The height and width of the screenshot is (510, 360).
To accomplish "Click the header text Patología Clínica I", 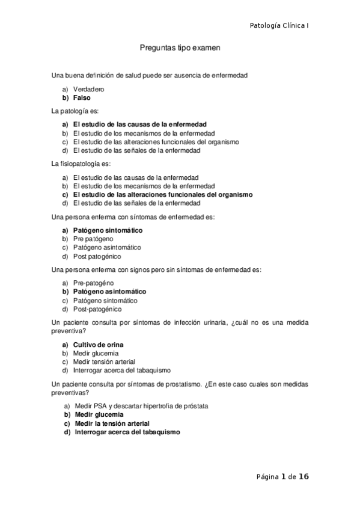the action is [279, 25].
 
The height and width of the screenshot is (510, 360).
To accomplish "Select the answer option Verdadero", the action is [88, 89].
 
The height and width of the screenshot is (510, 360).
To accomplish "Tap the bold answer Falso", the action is [81, 97].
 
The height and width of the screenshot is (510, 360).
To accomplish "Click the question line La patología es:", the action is [75, 111].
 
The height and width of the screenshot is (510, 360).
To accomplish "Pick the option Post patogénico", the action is [96, 256].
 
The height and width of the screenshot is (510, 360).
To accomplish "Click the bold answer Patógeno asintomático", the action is [109, 292].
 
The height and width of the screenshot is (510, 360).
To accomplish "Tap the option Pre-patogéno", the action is [93, 283].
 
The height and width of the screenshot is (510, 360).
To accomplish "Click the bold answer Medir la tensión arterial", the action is [112, 423].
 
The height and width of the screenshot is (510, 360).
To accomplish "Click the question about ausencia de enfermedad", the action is [150, 75].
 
